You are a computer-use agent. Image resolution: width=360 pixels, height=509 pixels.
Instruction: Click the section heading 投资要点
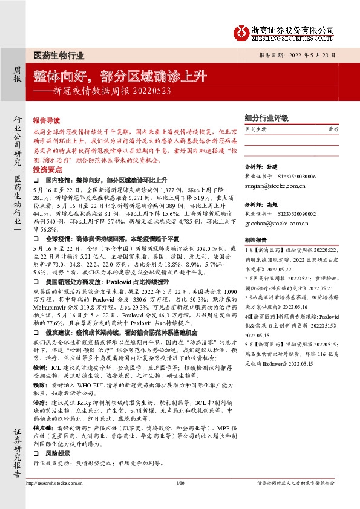click(x=47, y=170)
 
